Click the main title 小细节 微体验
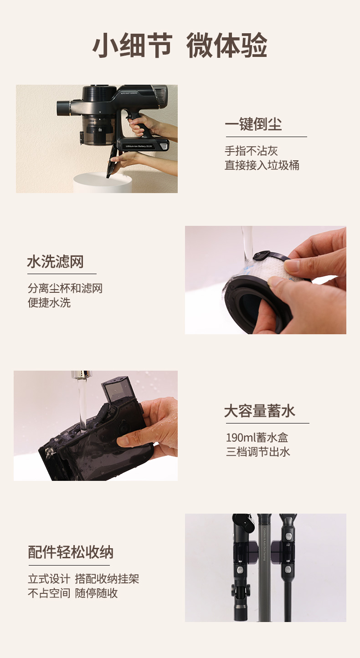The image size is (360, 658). (x=180, y=45)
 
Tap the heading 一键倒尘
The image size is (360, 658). (x=253, y=124)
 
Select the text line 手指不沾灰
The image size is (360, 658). (x=251, y=151)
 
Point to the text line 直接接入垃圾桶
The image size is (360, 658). (x=262, y=165)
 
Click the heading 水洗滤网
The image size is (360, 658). (x=56, y=261)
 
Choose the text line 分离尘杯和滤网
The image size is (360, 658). (x=65, y=288)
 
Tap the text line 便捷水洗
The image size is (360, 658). (x=49, y=302)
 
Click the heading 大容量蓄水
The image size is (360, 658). (x=260, y=411)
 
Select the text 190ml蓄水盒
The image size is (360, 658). (x=257, y=438)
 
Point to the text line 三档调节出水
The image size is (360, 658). (x=258, y=452)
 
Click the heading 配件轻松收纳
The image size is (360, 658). (x=71, y=552)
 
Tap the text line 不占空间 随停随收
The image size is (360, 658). (x=73, y=593)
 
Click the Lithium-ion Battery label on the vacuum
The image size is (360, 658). (x=139, y=146)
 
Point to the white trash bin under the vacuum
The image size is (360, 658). (x=103, y=183)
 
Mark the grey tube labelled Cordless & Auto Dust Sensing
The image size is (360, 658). (x=264, y=567)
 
